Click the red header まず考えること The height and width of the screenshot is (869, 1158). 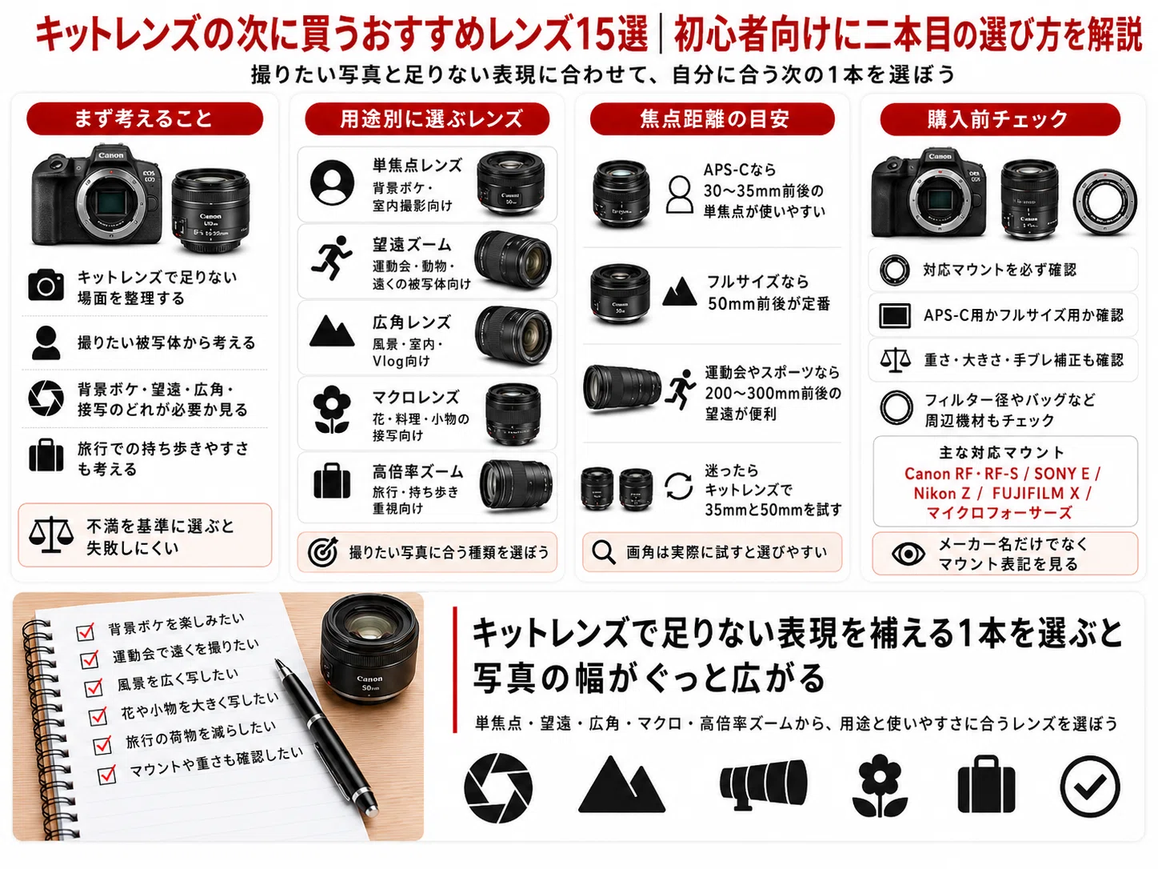coord(145,118)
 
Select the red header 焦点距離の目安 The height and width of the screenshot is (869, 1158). coord(713,118)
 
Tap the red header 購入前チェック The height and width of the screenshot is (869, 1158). coord(1000,118)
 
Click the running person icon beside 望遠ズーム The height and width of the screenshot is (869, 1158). coord(331,258)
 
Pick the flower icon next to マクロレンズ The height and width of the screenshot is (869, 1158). coord(331,410)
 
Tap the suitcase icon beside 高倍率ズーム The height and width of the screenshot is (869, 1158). coord(332,481)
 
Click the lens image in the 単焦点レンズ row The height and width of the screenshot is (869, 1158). coord(510,182)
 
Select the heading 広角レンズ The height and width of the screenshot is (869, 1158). coord(412,322)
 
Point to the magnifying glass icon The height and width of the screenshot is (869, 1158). coord(604,552)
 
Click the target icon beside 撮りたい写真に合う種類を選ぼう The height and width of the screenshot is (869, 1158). coord(323,552)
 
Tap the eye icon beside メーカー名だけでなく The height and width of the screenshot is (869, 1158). coord(908,554)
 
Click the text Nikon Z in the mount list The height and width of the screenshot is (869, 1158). coord(942,494)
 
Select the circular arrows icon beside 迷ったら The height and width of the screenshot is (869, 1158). coord(678,486)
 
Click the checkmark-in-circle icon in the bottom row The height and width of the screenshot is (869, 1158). coord(1089,786)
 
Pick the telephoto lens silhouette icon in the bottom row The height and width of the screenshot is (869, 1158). coord(764,783)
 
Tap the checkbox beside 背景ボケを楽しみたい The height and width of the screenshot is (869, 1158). coord(85,631)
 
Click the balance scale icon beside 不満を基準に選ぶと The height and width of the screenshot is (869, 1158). coord(51,535)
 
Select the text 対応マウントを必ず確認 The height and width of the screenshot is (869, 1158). coord(1000,270)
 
